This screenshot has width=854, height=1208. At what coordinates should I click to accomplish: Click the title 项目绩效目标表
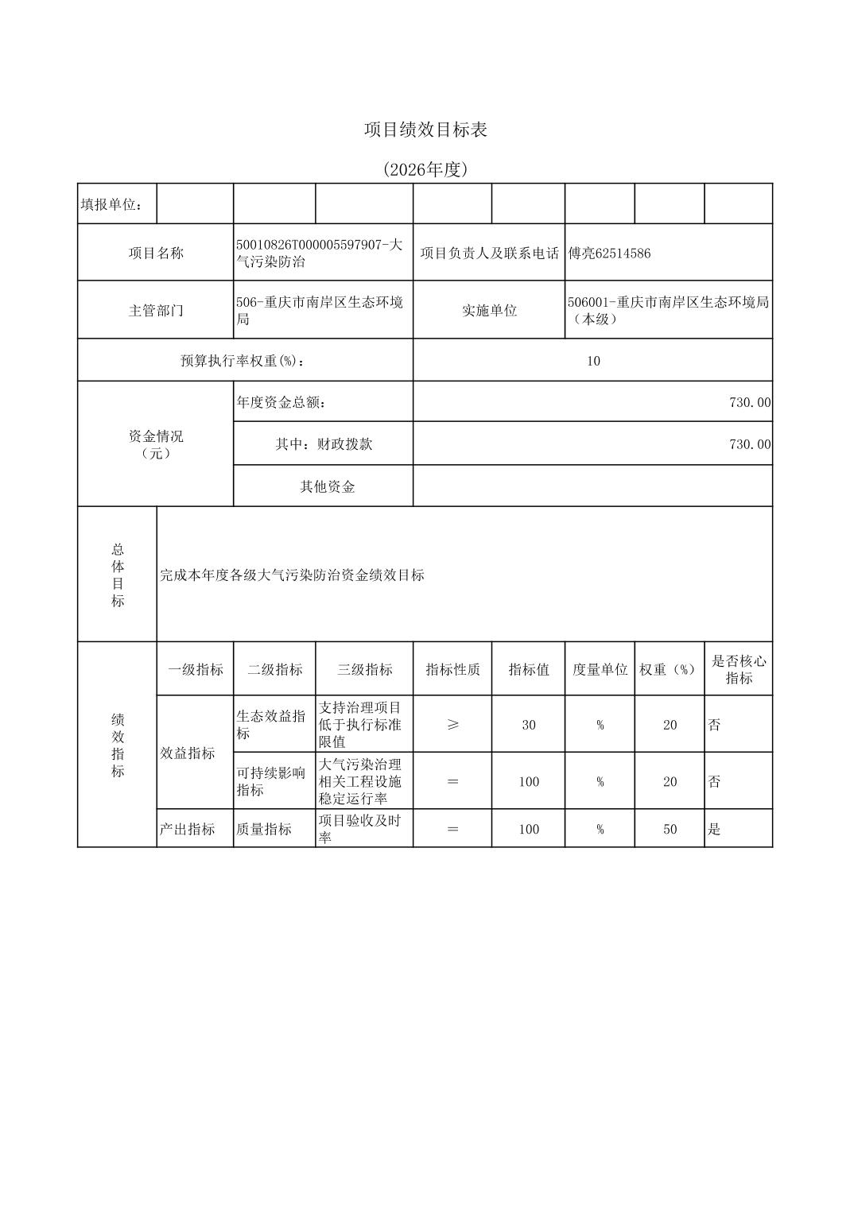425,130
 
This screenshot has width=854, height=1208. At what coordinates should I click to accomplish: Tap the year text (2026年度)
425,169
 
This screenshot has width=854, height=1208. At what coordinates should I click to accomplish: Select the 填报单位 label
111,205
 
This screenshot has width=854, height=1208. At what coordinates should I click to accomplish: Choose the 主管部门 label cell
156,310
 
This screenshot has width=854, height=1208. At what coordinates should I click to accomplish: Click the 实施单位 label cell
489,310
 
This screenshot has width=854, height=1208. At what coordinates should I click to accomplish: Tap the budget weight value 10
593,361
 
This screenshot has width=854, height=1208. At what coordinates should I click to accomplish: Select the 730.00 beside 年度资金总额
749,402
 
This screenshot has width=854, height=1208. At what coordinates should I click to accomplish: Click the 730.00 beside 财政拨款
749,444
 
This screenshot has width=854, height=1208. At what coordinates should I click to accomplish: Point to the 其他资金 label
327,486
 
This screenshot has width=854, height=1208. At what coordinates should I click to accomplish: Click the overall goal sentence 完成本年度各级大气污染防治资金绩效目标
292,575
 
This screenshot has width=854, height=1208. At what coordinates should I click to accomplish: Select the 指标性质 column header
452,669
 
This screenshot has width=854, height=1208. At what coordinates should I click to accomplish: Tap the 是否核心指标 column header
739,669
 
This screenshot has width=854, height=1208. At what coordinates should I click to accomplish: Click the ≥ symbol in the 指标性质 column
452,725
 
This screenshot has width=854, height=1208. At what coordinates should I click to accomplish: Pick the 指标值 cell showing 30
529,725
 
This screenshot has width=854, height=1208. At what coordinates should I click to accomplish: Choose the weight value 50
670,829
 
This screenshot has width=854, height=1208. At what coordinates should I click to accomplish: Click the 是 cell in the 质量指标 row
714,829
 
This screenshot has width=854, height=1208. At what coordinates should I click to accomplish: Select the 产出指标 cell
188,829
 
